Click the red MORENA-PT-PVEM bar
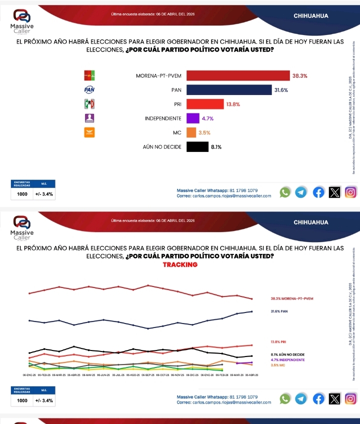click(238, 76)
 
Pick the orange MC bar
click(191, 132)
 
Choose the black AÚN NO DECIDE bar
click(197, 146)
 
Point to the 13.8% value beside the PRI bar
click(233, 104)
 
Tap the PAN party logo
click(89, 90)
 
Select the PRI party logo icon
click(89, 104)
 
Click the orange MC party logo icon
click(89, 132)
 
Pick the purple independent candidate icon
click(89, 118)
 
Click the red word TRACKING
click(180, 264)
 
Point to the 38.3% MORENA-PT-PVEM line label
click(292, 298)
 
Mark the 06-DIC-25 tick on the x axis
click(192, 374)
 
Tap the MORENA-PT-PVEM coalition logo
click(89, 76)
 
